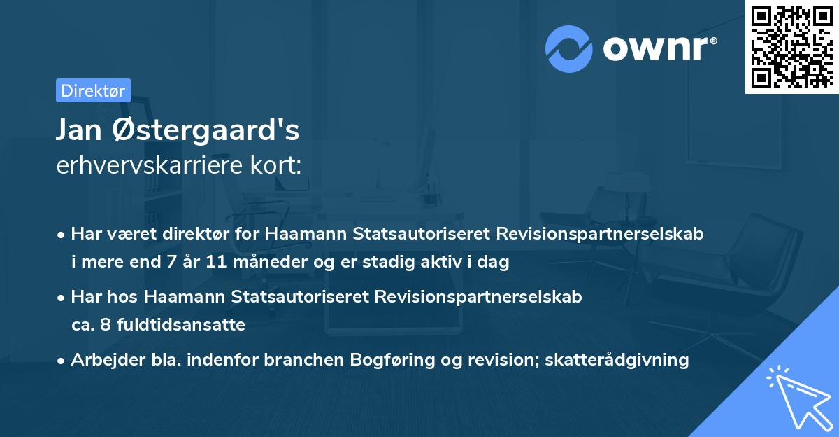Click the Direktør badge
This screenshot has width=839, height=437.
pos(93,90)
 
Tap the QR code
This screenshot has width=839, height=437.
pos(791,46)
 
